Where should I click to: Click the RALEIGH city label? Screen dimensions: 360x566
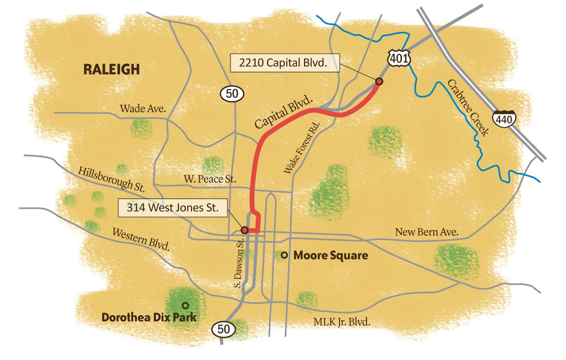(112, 69)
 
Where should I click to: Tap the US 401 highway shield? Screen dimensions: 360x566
(399, 58)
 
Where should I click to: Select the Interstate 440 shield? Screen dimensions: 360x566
(504, 119)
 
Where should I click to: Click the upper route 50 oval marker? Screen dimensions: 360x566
(232, 94)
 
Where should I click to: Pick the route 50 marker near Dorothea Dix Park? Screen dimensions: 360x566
(224, 329)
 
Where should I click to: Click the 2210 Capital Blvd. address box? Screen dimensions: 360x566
(285, 63)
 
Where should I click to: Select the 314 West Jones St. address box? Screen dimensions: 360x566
(173, 208)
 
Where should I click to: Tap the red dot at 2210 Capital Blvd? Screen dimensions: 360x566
(379, 81)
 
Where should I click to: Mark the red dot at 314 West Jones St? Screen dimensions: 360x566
(244, 230)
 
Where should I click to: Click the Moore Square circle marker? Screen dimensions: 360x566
(284, 255)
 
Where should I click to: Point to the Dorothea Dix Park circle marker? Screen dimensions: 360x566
(185, 305)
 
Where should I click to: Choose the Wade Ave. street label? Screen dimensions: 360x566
(143, 109)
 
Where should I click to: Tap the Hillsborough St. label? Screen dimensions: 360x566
(112, 179)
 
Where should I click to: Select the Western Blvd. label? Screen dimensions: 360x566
(141, 239)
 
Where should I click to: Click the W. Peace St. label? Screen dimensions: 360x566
(210, 179)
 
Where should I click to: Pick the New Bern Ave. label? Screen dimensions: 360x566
(426, 232)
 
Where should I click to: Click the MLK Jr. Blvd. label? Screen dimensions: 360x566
(342, 322)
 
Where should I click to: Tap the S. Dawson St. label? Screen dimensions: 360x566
(239, 263)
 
